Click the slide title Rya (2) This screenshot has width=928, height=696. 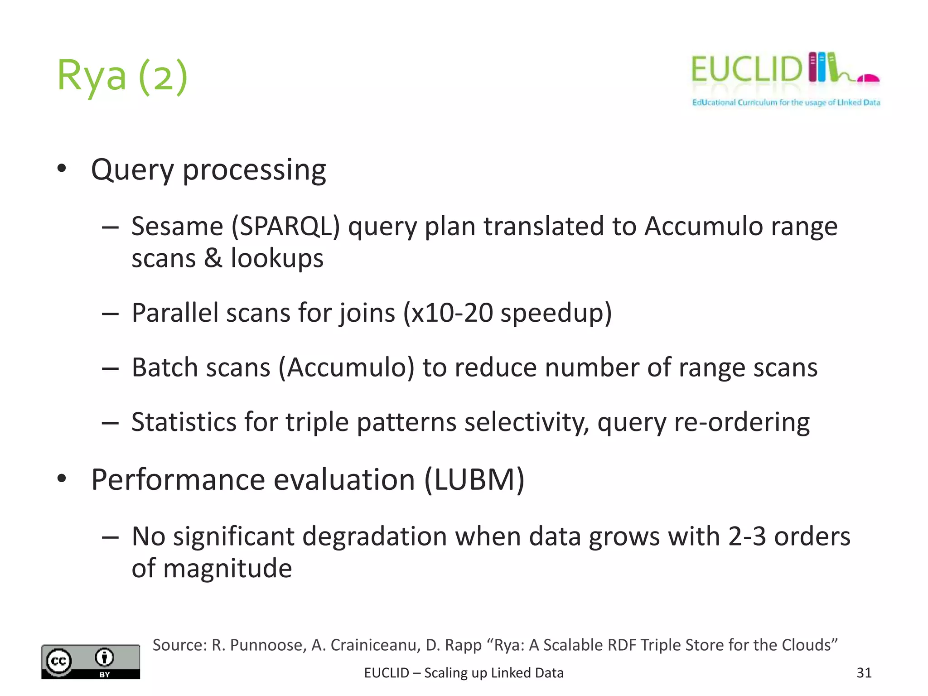pos(122,76)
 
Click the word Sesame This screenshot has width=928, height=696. pos(177,226)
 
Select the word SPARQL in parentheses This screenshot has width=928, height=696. pos(286,226)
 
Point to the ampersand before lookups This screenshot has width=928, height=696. pos(213,258)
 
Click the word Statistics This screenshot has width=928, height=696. pos(184,422)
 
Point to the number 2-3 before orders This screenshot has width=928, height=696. pos(747,536)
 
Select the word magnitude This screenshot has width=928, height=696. pos(227,568)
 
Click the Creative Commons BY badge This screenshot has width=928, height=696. pos(91,662)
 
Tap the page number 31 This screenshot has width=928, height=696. pos(864,673)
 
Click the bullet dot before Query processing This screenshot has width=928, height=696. pos(62,169)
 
